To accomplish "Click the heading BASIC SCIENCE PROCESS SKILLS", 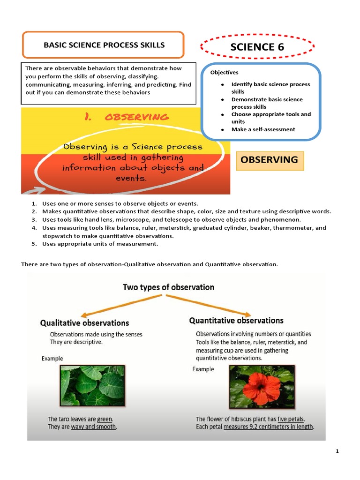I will coord(104,45).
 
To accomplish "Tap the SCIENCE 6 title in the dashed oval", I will coord(257,46).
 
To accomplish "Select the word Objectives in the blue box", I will coord(224,72).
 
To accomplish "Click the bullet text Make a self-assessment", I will coord(263,129).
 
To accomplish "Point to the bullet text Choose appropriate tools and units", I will coord(270,118).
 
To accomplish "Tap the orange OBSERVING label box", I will coord(270,160).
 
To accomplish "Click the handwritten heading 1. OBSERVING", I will coord(127,117).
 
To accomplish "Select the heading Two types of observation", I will coord(168,287).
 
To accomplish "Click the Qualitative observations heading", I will coord(84,323).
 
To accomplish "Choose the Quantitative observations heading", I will coord(236,321).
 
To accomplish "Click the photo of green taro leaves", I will coord(92,386).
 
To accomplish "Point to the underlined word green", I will coord(105,419).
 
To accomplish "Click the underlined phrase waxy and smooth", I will coord(93,427).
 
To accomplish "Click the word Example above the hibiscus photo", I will coord(203,369).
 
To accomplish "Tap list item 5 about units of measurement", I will coord(100,244).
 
